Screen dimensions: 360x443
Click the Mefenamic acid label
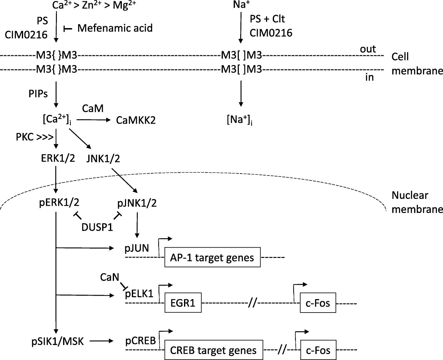pos(115,28)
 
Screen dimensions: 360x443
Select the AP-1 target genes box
pos(212,258)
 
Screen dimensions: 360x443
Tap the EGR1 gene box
pos(183,303)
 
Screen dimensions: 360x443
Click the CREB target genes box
pos(213,350)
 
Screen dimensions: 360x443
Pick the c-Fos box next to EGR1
pos(318,303)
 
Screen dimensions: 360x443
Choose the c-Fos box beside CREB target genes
pos(318,350)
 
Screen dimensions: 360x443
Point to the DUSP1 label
pos(97,227)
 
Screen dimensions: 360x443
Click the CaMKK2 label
pos(136,120)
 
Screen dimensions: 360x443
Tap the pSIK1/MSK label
pos(58,341)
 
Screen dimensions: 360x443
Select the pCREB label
pos(141,341)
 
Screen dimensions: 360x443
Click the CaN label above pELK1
pos(110,277)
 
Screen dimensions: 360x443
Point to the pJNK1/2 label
pos(137,203)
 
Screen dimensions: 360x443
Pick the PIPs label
pos(38,94)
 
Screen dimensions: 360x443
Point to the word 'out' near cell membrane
pos(368,49)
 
